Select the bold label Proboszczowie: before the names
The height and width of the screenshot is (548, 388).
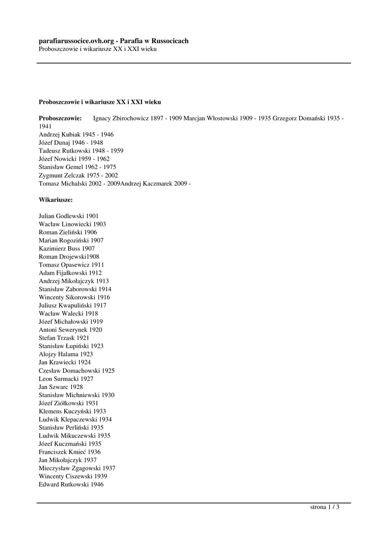click(60, 118)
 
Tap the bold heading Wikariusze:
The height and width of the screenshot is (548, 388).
click(56, 200)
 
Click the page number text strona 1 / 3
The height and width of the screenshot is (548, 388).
click(325, 507)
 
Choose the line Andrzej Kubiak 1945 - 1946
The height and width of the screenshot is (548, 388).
click(76, 134)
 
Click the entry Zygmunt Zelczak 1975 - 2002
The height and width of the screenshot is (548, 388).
click(78, 175)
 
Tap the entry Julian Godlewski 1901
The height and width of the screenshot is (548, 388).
click(69, 216)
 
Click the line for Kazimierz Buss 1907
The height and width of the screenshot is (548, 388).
click(67, 248)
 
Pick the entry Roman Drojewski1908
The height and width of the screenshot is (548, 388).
click(69, 256)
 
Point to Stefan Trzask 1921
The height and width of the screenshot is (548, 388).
click(64, 338)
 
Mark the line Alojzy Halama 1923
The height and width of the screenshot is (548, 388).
click(66, 354)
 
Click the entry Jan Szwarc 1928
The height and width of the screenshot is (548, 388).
click(61, 386)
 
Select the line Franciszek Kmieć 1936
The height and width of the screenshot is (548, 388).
click(70, 452)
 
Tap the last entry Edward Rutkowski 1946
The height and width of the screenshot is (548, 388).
click(71, 484)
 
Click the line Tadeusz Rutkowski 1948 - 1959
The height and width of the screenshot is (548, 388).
click(81, 151)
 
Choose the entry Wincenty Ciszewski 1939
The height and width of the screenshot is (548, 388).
click(73, 476)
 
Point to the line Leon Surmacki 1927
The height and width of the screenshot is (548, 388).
click(66, 378)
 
